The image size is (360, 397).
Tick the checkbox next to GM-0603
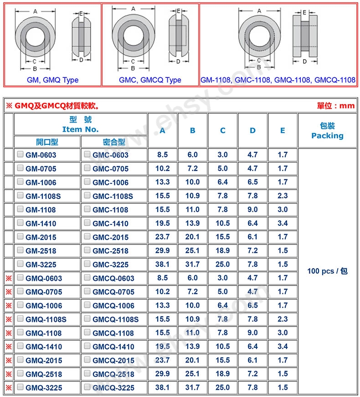[20, 154]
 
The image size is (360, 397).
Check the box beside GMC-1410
[87, 223]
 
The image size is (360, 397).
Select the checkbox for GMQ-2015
[20, 360]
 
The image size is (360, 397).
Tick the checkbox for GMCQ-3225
[87, 387]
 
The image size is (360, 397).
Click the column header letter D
[252, 130]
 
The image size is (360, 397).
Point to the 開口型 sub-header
[47, 142]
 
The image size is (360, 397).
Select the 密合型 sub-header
[114, 142]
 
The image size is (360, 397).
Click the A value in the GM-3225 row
[162, 265]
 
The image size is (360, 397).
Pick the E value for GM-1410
[283, 223]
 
